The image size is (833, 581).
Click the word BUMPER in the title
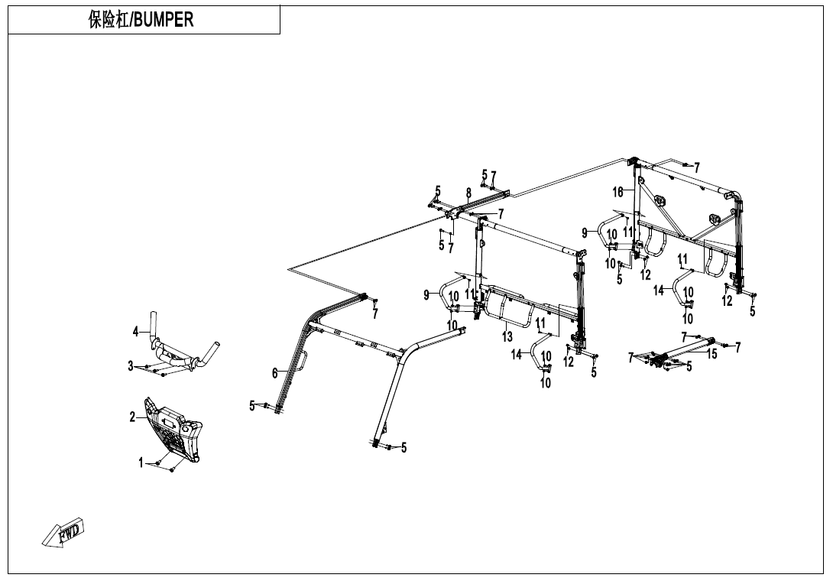(x=163, y=20)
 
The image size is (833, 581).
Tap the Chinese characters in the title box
(x=109, y=20)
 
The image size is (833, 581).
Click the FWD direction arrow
(x=64, y=532)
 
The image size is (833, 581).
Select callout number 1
(x=140, y=463)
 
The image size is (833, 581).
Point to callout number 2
(x=132, y=417)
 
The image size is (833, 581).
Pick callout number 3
(x=131, y=366)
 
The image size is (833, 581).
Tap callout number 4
(x=135, y=332)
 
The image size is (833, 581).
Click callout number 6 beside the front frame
(x=274, y=373)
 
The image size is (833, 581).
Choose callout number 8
(x=468, y=193)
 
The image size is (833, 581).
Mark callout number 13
(x=507, y=337)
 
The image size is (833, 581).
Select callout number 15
(x=711, y=354)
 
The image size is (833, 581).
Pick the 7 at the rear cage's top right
(x=697, y=166)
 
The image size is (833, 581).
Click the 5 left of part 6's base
(x=251, y=406)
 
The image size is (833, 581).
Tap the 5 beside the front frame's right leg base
(x=404, y=447)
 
